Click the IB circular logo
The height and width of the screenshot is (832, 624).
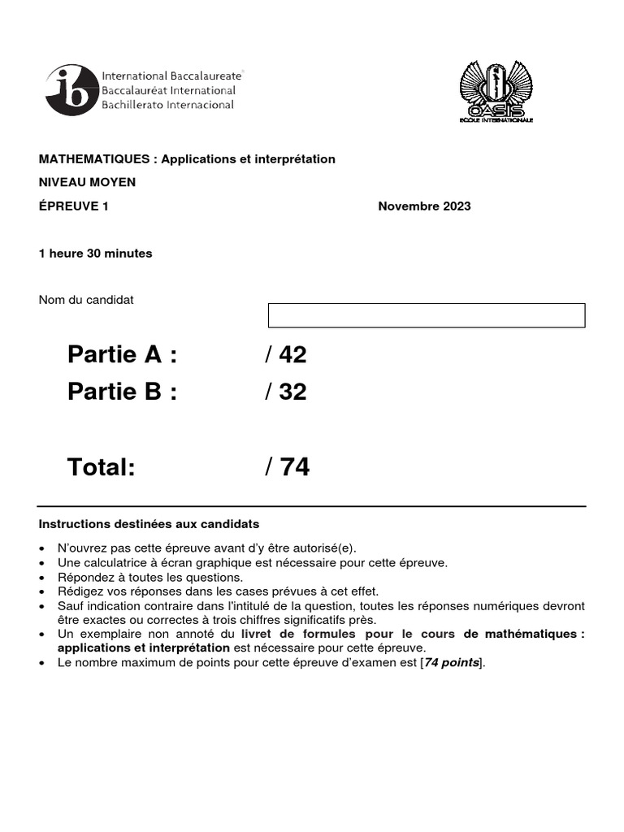coord(71,91)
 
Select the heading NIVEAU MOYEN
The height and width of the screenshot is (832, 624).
coord(88,182)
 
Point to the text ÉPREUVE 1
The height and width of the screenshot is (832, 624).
coord(74,206)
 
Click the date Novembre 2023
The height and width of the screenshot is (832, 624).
coord(424,206)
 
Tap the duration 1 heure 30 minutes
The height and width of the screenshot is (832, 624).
coord(96,253)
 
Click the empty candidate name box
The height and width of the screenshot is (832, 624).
coord(427,315)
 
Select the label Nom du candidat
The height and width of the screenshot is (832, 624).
coord(87,300)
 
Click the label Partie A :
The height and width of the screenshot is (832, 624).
coord(122,355)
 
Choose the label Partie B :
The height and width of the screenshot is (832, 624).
coord(122,392)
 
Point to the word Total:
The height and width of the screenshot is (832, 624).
coord(101,467)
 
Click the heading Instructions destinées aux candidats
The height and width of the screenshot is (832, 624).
coord(149,524)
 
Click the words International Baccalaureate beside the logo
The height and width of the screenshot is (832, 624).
coord(171,76)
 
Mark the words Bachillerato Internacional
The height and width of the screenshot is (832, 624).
coord(167,105)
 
